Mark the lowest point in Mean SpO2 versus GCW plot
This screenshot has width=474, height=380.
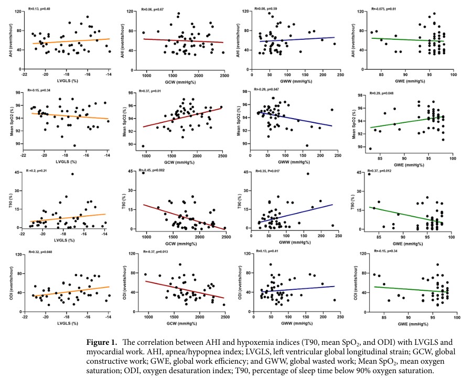(143, 146)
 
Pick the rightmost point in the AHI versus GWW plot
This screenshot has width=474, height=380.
(334, 44)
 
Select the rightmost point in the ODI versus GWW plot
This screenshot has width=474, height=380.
(334, 300)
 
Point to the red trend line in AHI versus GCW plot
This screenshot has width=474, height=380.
(184, 41)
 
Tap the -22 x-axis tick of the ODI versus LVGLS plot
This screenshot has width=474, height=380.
(24, 318)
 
